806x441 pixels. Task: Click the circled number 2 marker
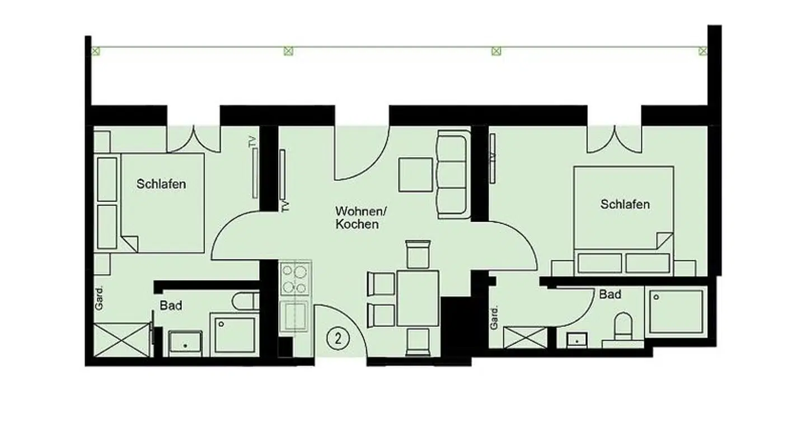click(x=338, y=339)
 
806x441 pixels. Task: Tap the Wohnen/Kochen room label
click(x=360, y=218)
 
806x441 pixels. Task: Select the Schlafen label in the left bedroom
click(x=161, y=184)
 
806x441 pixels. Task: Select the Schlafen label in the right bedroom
click(x=625, y=204)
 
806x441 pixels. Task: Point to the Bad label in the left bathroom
click(x=171, y=306)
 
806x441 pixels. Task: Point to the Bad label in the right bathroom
click(x=610, y=294)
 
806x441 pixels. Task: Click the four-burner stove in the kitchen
click(x=294, y=279)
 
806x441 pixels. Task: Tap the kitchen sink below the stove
click(x=295, y=316)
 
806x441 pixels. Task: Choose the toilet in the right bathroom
click(x=623, y=327)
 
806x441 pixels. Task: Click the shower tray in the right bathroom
click(x=676, y=312)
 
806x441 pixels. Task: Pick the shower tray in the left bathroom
click(x=235, y=335)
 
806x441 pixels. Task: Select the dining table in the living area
click(x=418, y=298)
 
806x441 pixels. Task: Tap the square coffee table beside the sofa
click(x=415, y=175)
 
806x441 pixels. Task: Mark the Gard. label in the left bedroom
click(x=99, y=298)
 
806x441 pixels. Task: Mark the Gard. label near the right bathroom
click(x=494, y=318)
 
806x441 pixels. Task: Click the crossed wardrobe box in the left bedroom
click(x=121, y=340)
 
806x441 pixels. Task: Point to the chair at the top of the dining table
click(x=418, y=254)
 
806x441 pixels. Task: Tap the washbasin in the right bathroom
click(x=577, y=340)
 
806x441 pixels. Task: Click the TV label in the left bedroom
click(x=252, y=142)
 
